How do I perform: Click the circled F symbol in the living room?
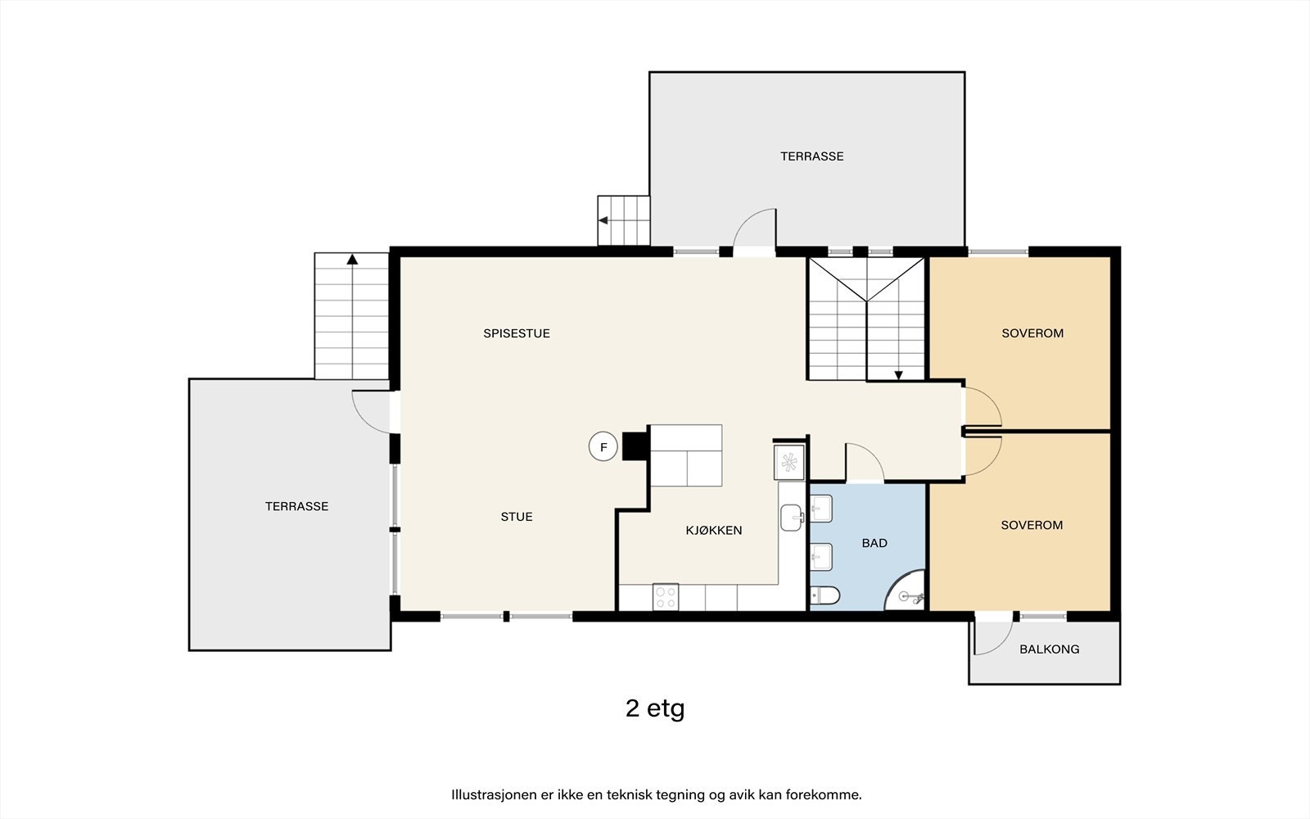(603, 446)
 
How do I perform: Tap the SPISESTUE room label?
(517, 333)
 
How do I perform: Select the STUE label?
(517, 517)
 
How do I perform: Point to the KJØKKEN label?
(713, 530)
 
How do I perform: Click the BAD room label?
(874, 543)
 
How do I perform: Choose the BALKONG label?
(1049, 649)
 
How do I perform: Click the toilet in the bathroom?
(825, 596)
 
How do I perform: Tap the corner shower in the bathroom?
(906, 590)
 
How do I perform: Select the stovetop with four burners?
(666, 597)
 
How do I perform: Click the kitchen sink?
(791, 517)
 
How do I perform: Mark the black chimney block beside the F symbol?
(635, 446)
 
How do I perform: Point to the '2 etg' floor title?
(655, 708)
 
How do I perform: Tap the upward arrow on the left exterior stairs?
(352, 259)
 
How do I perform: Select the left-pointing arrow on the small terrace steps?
(603, 220)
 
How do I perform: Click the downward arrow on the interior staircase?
(898, 375)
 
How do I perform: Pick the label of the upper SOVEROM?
(1032, 333)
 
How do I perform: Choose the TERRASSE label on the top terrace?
(811, 156)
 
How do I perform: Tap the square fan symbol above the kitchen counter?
(789, 462)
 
